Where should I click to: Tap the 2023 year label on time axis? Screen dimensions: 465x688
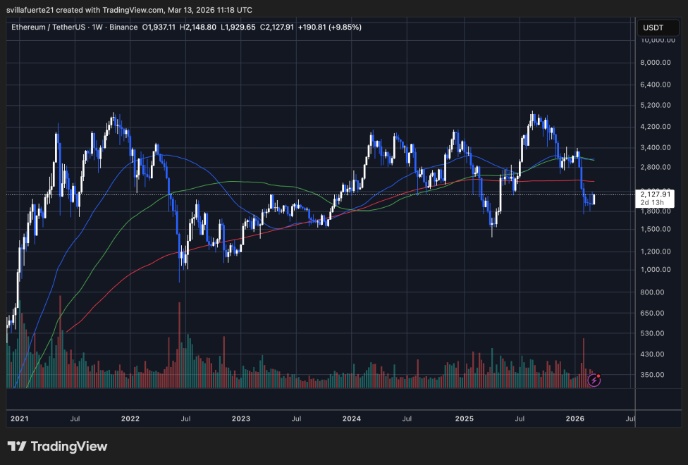coord(240,418)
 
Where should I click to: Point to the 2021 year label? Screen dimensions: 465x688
coord(19,418)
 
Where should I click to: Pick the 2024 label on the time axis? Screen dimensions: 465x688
coord(351,418)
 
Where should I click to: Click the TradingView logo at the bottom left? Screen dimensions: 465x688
coord(57,447)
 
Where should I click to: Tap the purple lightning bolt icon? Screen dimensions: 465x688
coord(594,380)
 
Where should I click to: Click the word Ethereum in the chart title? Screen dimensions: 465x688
coord(32,27)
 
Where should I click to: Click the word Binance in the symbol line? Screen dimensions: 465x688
coord(123,27)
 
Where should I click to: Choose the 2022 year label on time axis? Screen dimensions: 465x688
coord(130,418)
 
